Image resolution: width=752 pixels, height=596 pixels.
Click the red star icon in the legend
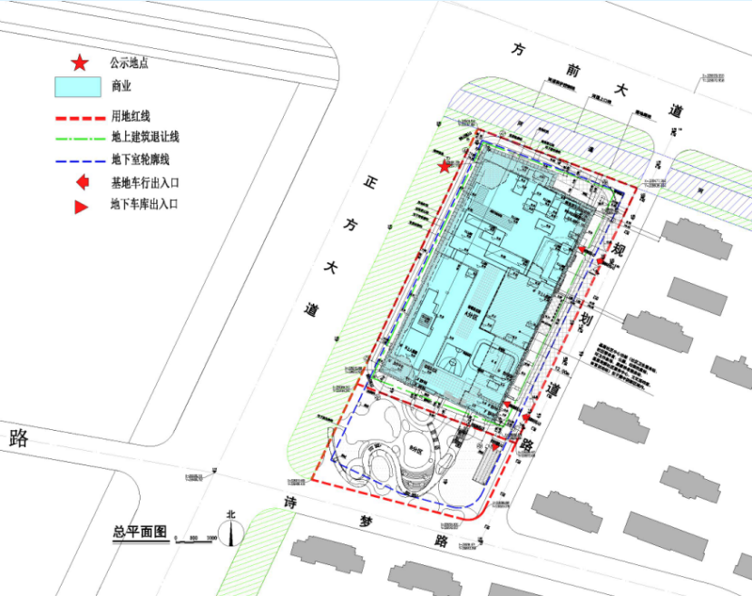(x=80, y=63)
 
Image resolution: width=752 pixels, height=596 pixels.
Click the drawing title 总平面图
(x=141, y=532)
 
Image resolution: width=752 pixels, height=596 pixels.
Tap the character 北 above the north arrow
(x=231, y=514)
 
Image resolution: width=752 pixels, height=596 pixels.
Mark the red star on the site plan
(x=444, y=166)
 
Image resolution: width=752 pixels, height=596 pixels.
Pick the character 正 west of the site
(x=370, y=181)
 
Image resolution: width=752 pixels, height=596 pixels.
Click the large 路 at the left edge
(x=18, y=439)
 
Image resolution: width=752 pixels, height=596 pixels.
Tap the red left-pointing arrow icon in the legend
(x=81, y=182)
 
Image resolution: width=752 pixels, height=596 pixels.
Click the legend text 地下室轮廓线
(x=145, y=160)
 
